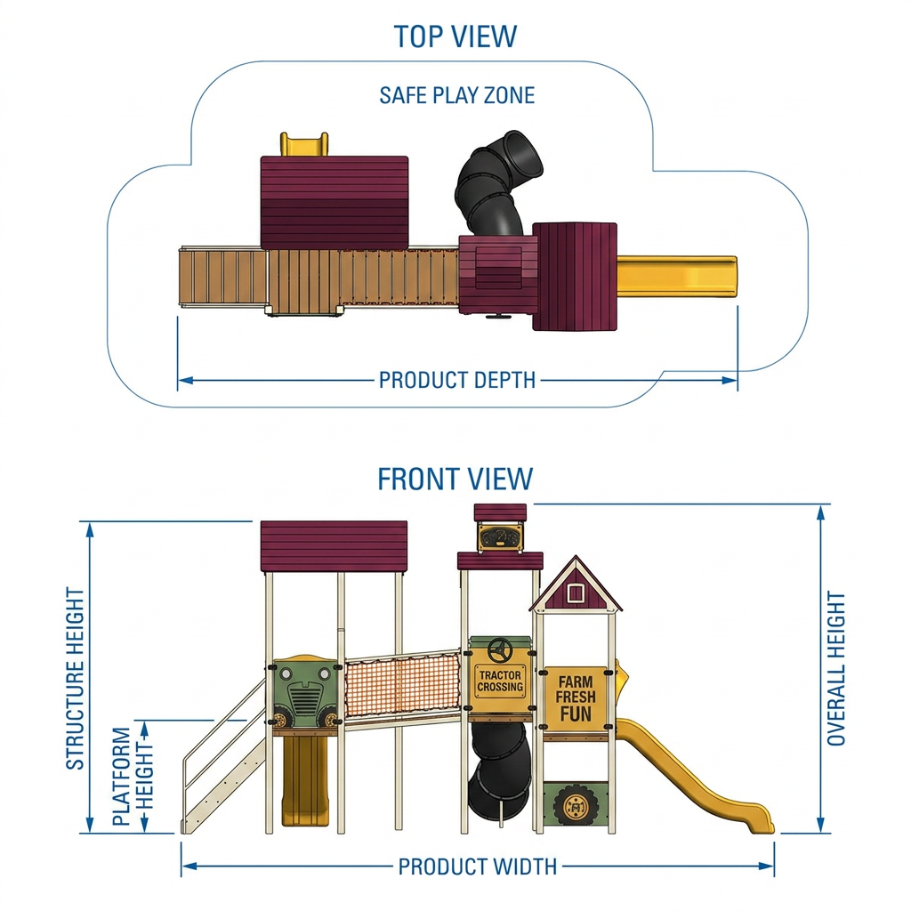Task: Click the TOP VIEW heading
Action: coord(455,36)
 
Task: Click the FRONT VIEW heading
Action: coord(455,479)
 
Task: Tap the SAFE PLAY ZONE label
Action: coord(456,95)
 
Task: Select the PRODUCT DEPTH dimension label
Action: coord(456,380)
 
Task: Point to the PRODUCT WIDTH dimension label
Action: coord(477,867)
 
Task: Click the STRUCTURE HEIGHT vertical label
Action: coord(76,678)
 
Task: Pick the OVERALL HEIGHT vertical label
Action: coord(836,669)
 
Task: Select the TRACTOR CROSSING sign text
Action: coord(500,681)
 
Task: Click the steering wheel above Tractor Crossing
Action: coord(499,650)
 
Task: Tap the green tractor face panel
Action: coord(303,693)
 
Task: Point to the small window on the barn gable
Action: coord(576,593)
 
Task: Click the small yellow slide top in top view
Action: coord(304,144)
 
